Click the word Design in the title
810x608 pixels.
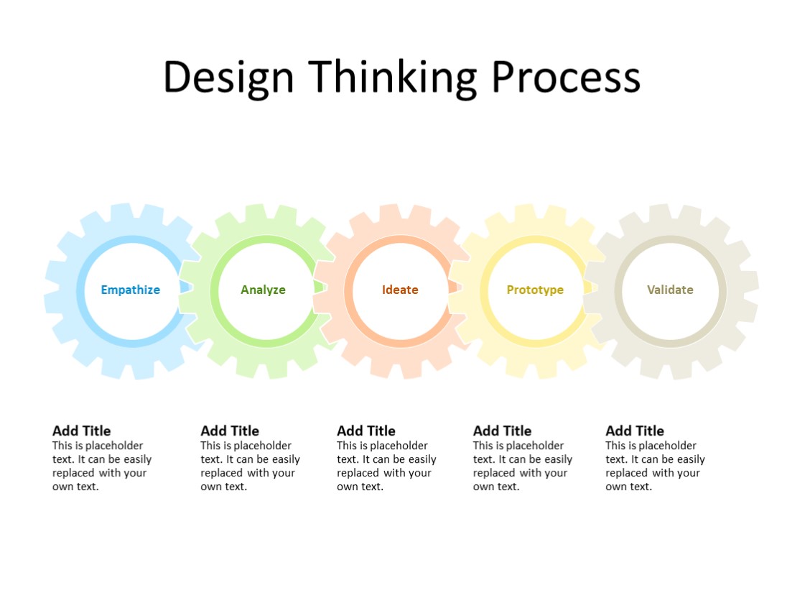coord(228,77)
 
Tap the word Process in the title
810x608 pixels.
coord(566,77)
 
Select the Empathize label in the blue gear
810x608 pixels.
coord(130,290)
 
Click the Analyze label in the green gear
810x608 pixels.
coord(263,290)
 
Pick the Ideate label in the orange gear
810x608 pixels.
coord(400,290)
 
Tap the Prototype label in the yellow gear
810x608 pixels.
coord(535,290)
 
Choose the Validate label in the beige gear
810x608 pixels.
coord(670,290)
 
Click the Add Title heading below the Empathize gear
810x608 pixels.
coord(82,430)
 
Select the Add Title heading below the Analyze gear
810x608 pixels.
coord(230,430)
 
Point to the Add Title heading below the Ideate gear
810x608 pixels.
coord(366,430)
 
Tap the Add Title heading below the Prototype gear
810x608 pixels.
coord(503,430)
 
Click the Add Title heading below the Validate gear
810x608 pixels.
coord(635,430)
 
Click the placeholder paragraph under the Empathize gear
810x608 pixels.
coord(101,466)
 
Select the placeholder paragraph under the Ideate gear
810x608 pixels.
coord(386,466)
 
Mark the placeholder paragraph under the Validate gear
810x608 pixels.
coord(655,466)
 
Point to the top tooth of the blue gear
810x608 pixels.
coord(121,213)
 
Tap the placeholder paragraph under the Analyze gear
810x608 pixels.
coord(250,466)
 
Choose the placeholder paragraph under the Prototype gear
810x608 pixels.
coord(522,466)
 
